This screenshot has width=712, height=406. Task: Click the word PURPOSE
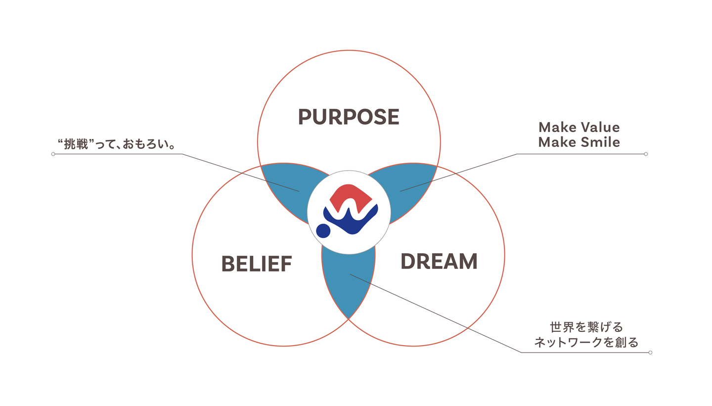tap(349, 117)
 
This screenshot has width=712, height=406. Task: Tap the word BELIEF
tap(257, 264)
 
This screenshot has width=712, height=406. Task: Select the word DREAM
tap(439, 261)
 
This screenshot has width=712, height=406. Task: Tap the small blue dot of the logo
tap(323, 230)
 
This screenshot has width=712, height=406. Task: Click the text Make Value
tap(579, 127)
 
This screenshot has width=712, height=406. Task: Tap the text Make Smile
tap(579, 142)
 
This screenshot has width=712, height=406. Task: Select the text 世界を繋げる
tap(586, 327)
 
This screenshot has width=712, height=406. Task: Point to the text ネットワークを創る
tap(586, 342)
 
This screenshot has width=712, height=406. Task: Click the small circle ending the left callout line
tap(53, 154)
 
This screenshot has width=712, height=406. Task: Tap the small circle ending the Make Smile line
tap(646, 154)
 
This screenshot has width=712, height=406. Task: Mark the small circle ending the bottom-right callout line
tap(650, 353)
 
